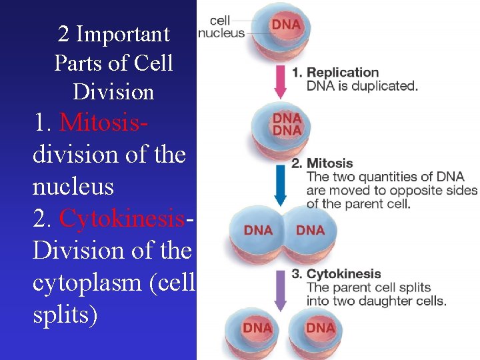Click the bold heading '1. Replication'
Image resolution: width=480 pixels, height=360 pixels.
click(335, 73)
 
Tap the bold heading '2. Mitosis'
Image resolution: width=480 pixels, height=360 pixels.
click(322, 163)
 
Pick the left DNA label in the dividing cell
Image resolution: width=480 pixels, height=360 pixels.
click(258, 231)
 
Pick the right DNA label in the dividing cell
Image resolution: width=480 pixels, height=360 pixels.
click(310, 231)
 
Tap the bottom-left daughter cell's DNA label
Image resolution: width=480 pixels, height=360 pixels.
click(257, 328)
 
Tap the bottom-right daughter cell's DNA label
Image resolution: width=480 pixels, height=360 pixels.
click(321, 328)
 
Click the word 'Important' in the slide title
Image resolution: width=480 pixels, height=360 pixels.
click(123, 33)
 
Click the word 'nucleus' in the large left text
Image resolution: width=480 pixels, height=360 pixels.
click(73, 187)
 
